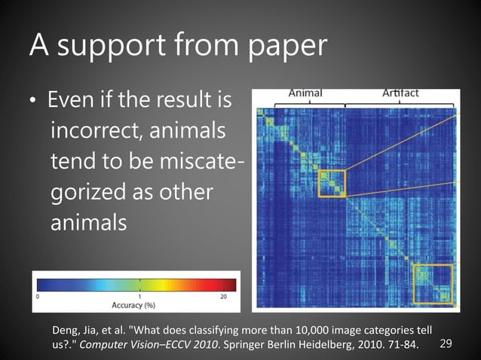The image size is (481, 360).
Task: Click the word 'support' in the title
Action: [x=127, y=46]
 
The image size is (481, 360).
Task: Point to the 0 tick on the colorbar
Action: [x=38, y=297]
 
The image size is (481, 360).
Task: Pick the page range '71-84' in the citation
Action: [x=401, y=344]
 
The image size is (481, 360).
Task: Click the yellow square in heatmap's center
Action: [x=331, y=183]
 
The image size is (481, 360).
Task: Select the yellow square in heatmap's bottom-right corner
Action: [x=433, y=283]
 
